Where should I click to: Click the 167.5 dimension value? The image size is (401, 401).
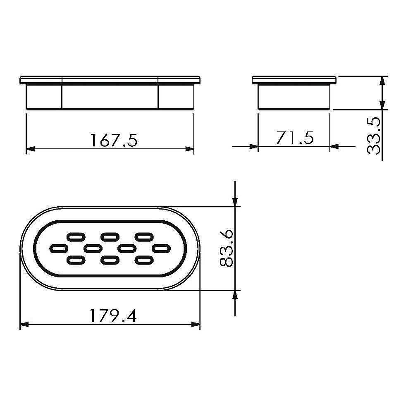tap(114, 140)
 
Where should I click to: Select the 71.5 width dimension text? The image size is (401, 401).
tap(295, 137)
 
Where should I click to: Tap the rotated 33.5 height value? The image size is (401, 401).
tap(374, 136)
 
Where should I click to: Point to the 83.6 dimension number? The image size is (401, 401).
tap(226, 248)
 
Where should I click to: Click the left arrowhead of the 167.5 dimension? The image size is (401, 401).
tap(30, 149)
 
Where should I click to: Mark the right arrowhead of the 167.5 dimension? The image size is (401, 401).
tap(190, 149)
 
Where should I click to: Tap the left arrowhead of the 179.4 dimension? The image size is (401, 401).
tap(24, 325)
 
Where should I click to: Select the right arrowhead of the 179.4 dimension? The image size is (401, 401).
tap(196, 325)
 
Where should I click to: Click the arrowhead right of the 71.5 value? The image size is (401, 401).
tap(334, 146)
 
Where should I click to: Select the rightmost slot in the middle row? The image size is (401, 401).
tap(161, 248)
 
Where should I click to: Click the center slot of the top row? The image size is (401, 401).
tap(110, 236)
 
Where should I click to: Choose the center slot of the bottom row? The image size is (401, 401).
tap(110, 260)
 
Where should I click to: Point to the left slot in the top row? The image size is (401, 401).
tap(75, 236)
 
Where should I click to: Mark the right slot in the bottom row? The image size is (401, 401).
tap(143, 260)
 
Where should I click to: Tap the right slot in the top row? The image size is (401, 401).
tap(143, 236)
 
